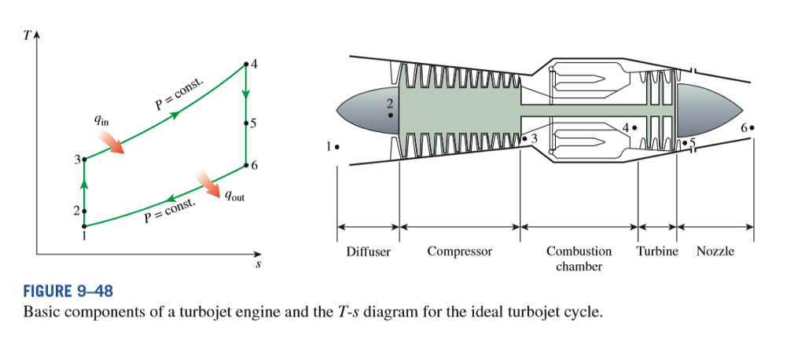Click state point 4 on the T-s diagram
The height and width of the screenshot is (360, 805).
(x=246, y=63)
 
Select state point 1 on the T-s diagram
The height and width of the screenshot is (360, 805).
(x=84, y=226)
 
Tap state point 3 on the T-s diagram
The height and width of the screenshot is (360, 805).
(x=84, y=159)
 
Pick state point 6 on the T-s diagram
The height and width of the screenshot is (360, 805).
(x=246, y=165)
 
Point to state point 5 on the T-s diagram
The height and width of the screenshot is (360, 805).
(x=246, y=123)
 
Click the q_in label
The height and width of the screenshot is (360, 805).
(x=101, y=120)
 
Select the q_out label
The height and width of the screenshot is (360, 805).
(x=234, y=197)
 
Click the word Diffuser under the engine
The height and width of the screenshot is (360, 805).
(x=368, y=252)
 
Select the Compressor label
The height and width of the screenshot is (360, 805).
(x=460, y=252)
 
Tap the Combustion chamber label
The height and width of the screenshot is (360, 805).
(x=579, y=259)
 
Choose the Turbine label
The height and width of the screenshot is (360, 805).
(x=656, y=252)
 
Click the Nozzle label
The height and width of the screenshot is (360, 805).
(x=715, y=252)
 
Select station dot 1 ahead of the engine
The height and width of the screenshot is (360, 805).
(x=337, y=146)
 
